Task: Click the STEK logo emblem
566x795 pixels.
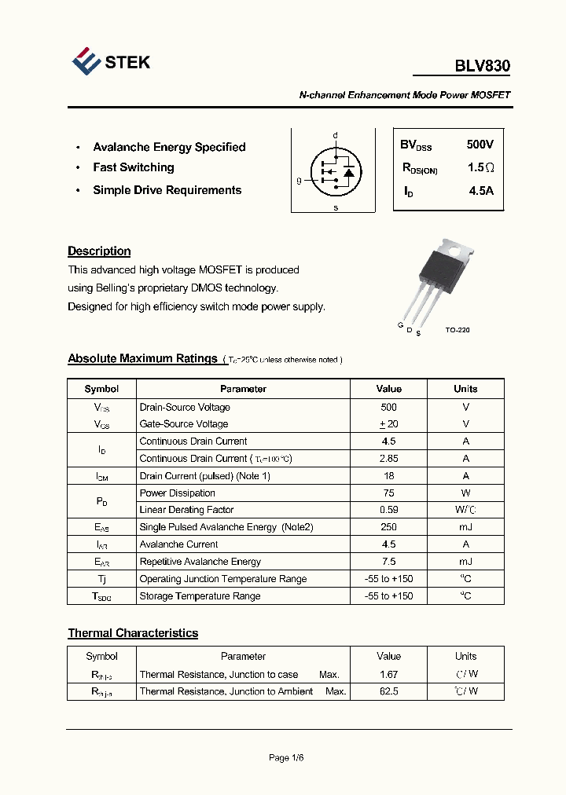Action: pyautogui.click(x=86, y=61)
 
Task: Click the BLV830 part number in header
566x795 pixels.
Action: pyautogui.click(x=482, y=67)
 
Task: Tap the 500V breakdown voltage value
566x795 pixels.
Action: pyautogui.click(x=480, y=145)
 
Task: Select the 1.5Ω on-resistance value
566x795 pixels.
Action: pyautogui.click(x=480, y=168)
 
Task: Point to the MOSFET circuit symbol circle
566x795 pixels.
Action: pyautogui.click(x=335, y=170)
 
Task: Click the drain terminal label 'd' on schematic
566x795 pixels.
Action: pyautogui.click(x=335, y=136)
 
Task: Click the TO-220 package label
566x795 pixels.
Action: pyautogui.click(x=457, y=331)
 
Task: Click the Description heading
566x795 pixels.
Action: pyautogui.click(x=99, y=251)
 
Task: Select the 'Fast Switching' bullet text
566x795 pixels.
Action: pyautogui.click(x=134, y=167)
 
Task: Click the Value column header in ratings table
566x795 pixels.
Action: pyautogui.click(x=388, y=389)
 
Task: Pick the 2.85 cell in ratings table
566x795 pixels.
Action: pyautogui.click(x=388, y=459)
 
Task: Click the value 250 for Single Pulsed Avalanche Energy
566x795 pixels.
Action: pyautogui.click(x=388, y=527)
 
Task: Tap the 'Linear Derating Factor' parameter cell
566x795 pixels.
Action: pyautogui.click(x=186, y=510)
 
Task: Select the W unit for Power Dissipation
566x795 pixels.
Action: pyautogui.click(x=465, y=493)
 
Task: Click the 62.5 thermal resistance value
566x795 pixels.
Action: pyautogui.click(x=388, y=691)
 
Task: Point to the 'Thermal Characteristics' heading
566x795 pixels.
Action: pyautogui.click(x=133, y=633)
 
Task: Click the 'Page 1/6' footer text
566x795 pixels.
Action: pyautogui.click(x=286, y=758)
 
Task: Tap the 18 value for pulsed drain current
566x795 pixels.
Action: pyautogui.click(x=388, y=476)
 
